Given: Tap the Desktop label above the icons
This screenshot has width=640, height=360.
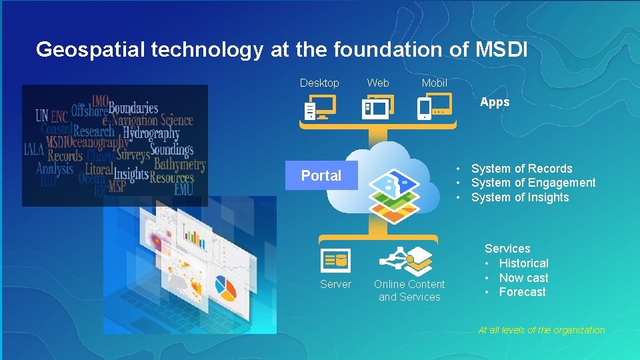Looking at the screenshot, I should click(x=319, y=83).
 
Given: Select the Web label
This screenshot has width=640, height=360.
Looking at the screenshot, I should click(x=378, y=83).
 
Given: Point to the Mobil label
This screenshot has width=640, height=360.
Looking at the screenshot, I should click(x=435, y=83).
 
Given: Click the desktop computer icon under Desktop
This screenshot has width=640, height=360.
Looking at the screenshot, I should click(x=319, y=107).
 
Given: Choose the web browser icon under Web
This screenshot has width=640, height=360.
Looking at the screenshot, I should click(x=377, y=107).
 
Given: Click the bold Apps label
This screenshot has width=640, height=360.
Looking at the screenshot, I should click(x=495, y=102).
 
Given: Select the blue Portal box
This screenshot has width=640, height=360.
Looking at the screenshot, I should click(x=321, y=175).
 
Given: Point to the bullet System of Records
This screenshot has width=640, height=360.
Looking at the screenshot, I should click(x=521, y=169).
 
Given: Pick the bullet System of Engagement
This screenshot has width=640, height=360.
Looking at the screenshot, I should click(x=533, y=183).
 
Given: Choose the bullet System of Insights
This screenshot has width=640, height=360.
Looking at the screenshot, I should click(x=520, y=197).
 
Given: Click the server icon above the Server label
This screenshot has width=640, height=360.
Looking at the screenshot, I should click(x=335, y=260).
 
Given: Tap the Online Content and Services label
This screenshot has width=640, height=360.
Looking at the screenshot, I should click(x=409, y=291).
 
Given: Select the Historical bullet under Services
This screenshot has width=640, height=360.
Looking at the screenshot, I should click(x=523, y=263).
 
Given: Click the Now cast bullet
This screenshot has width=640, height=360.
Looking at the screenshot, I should click(x=523, y=278).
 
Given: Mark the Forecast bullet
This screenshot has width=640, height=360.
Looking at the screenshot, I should click(x=522, y=292).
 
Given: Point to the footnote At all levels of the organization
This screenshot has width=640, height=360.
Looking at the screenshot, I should click(x=541, y=330).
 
